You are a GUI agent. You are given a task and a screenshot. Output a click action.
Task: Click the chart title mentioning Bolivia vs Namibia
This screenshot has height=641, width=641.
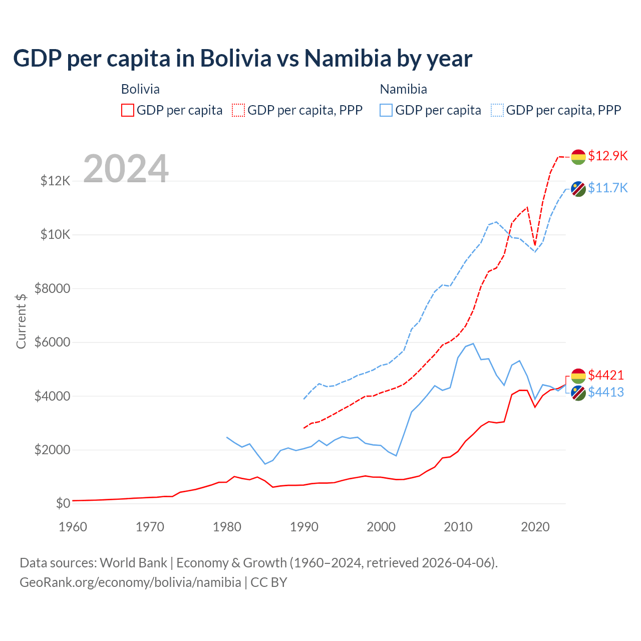pyautogui.click(x=242, y=58)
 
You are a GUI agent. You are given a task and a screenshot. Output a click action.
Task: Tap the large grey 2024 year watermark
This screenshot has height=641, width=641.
pyautogui.click(x=126, y=169)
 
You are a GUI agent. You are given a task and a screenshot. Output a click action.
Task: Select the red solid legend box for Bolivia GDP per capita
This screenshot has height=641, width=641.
pyautogui.click(x=128, y=110)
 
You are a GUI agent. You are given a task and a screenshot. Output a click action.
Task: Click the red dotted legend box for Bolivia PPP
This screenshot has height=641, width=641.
pyautogui.click(x=239, y=110)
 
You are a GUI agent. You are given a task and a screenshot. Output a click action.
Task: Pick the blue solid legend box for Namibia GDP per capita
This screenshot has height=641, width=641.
pyautogui.click(x=386, y=110)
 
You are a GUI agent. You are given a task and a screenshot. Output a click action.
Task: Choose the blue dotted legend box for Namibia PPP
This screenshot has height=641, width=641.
pyautogui.click(x=497, y=110)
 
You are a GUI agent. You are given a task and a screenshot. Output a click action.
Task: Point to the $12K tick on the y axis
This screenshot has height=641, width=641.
pyautogui.click(x=56, y=181)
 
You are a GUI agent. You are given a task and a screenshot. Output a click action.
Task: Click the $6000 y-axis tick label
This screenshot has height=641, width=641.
pyautogui.click(x=53, y=343)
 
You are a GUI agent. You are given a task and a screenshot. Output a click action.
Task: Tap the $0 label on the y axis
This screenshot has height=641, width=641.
pyautogui.click(x=63, y=503)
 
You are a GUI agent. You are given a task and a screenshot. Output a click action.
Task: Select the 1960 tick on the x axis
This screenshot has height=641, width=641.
pyautogui.click(x=73, y=527)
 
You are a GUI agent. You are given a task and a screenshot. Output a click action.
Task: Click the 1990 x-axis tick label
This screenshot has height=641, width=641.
pyautogui.click(x=304, y=527)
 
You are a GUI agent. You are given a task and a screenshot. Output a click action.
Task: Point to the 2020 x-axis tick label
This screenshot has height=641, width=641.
pyautogui.click(x=535, y=527)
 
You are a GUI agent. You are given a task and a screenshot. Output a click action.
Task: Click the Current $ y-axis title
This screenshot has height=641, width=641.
pyautogui.click(x=21, y=320)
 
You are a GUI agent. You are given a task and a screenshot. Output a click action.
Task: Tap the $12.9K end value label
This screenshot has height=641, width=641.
pyautogui.click(x=607, y=156)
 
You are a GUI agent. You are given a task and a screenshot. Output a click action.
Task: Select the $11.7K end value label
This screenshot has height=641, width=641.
pyautogui.click(x=607, y=188)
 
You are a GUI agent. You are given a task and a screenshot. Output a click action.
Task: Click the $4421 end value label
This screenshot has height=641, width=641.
pyautogui.click(x=606, y=375)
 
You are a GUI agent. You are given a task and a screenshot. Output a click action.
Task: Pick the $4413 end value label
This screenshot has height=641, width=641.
pyautogui.click(x=606, y=392)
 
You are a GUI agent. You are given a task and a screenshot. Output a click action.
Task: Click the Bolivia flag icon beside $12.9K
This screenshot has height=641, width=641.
pyautogui.click(x=578, y=157)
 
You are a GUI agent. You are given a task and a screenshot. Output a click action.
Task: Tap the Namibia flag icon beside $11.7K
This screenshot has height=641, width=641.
pyautogui.click(x=578, y=189)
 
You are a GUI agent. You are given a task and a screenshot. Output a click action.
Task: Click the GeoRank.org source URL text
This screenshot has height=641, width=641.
pyautogui.click(x=130, y=582)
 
